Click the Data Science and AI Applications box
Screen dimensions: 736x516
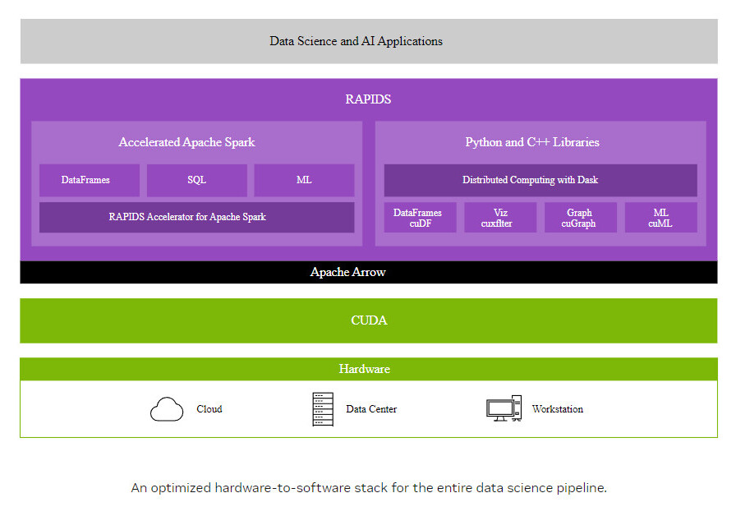(369, 41)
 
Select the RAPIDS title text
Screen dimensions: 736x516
(368, 99)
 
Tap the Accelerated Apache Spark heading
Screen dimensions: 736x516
(186, 142)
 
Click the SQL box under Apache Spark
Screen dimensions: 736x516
(196, 180)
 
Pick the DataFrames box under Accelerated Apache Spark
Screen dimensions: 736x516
(90, 180)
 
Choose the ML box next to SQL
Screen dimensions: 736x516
(304, 180)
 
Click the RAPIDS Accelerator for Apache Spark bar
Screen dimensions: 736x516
(196, 218)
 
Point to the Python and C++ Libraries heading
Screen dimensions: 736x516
(532, 142)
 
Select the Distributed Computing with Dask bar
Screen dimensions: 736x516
(540, 180)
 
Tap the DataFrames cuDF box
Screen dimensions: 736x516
(420, 218)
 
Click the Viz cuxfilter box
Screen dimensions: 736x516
(500, 218)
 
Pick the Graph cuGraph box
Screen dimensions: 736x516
(581, 218)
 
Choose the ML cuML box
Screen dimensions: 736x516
(661, 218)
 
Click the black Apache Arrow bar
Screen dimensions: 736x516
(369, 272)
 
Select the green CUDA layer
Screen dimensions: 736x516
(369, 320)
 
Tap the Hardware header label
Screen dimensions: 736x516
(364, 369)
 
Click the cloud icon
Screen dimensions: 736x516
(167, 409)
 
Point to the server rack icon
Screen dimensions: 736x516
(323, 409)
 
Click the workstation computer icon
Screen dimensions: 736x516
(504, 408)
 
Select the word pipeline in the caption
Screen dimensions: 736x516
(582, 488)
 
